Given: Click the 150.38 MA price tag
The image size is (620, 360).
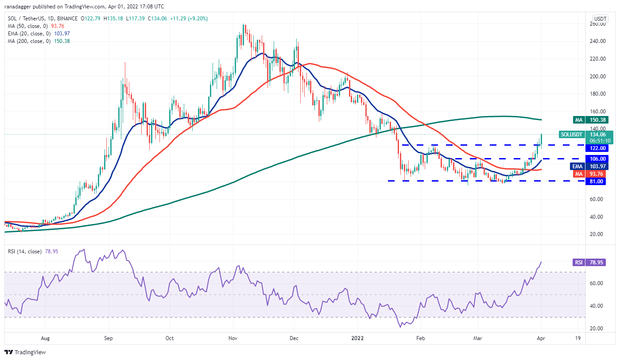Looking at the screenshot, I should (597, 120).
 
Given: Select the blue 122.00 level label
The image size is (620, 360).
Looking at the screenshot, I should (597, 148).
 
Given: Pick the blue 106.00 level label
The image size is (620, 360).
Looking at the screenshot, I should (597, 159).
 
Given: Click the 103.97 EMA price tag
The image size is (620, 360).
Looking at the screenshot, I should (597, 166).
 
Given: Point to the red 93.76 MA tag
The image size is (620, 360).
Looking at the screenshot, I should (597, 174).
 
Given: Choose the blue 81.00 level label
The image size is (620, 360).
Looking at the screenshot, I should (597, 181).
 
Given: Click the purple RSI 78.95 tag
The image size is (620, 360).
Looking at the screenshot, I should (597, 263).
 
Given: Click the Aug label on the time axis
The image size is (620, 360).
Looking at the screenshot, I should (45, 338).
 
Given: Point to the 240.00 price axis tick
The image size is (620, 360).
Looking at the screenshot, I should (598, 41).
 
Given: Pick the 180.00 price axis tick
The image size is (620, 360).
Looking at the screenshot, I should (598, 94).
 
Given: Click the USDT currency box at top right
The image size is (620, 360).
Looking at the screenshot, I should (600, 19).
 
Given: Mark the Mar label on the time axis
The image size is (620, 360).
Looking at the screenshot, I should (478, 338).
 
